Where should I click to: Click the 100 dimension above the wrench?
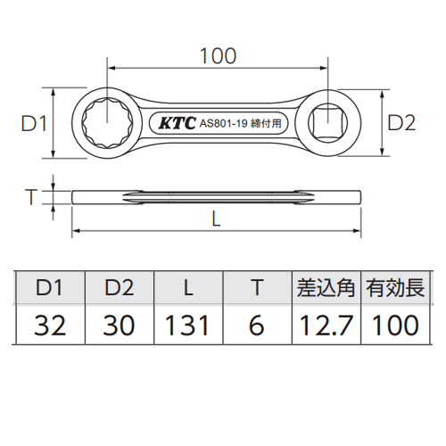tap(218, 56)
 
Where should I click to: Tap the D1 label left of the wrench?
tap(34, 123)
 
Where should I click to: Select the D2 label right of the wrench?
tap(401, 123)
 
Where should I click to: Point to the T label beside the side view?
tap(31, 197)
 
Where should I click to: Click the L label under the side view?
tap(216, 219)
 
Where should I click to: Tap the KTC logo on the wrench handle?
tap(178, 123)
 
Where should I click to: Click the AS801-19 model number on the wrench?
tap(224, 123)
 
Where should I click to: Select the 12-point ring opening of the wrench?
tap(107, 123)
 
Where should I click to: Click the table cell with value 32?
tap(50, 326)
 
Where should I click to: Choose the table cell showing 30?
tap(119, 326)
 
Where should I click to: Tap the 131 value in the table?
tap(187, 326)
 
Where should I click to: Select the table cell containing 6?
tap(256, 326)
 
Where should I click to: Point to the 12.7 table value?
tap(326, 326)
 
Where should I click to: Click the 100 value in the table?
tap(395, 326)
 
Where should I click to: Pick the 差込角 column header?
tap(326, 288)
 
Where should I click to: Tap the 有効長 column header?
tap(395, 288)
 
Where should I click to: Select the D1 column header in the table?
tap(49, 288)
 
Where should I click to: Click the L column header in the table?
tap(188, 288)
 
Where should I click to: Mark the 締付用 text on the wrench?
tap(266, 123)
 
